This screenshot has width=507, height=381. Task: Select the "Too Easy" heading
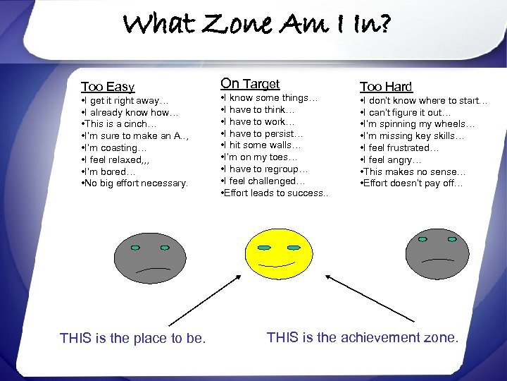108,87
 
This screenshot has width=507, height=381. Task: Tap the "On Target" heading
250,84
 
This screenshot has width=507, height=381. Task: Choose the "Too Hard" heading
386,87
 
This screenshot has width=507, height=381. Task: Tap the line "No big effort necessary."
134,183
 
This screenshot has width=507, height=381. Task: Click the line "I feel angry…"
392,160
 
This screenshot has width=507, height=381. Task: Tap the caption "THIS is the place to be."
133,339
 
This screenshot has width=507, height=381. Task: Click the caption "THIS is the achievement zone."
363,337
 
